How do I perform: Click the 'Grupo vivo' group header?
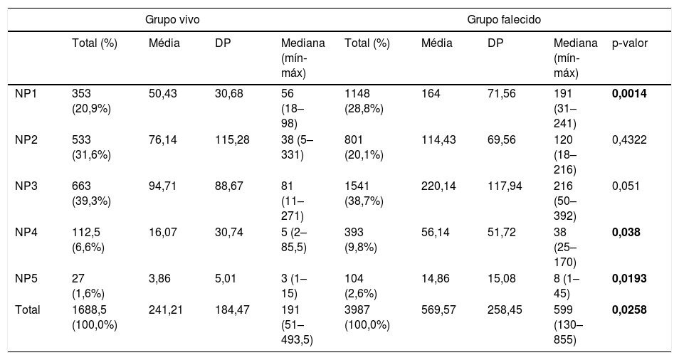click(x=172, y=20)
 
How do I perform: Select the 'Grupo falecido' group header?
click(x=504, y=20)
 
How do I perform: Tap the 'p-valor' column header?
click(x=630, y=43)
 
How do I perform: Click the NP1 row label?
click(x=26, y=93)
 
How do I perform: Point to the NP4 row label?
click(x=26, y=233)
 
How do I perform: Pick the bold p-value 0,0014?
click(x=629, y=93)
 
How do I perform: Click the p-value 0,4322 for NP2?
click(x=629, y=139)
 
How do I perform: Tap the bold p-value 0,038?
click(x=626, y=233)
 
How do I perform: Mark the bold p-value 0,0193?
click(x=629, y=279)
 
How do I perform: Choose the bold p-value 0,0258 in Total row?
click(x=629, y=309)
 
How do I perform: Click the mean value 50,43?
click(x=163, y=93)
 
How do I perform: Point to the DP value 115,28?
click(x=232, y=139)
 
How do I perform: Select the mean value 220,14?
click(x=438, y=186)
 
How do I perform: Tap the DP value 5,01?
click(x=226, y=279)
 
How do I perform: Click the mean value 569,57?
click(x=438, y=309)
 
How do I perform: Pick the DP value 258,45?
click(x=505, y=309)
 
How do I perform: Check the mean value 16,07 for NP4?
click(x=163, y=233)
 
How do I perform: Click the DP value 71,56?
click(x=502, y=93)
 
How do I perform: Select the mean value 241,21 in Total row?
click(x=166, y=309)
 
